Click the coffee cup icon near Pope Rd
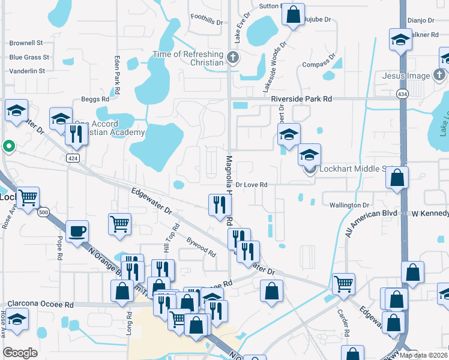(77, 232)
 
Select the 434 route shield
(402, 94)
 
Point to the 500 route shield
(44, 212)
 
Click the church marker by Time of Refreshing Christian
(234, 58)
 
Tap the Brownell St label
(26, 43)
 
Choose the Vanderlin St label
(27, 71)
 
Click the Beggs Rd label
(95, 98)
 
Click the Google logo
(20, 353)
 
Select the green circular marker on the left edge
(8, 146)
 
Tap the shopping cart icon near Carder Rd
(343, 284)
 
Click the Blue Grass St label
(28, 58)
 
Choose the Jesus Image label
(406, 76)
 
